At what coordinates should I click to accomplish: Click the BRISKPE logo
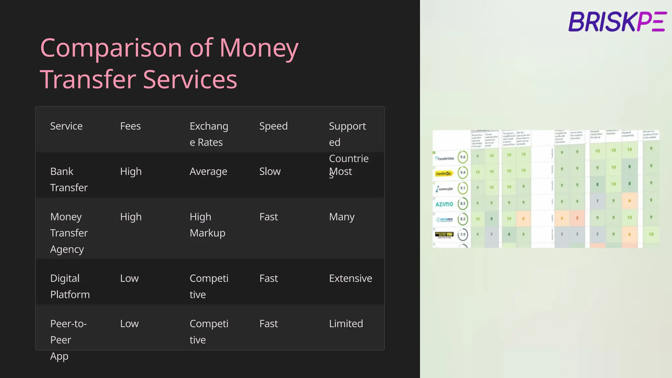click(617, 22)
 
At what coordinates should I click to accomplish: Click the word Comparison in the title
click(111, 48)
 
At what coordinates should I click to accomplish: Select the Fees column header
click(130, 126)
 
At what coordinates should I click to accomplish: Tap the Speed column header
click(273, 126)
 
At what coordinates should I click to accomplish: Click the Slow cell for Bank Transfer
click(270, 171)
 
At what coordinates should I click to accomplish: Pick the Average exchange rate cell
click(208, 171)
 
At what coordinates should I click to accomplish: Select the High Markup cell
click(207, 225)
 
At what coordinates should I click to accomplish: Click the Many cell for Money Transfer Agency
click(342, 217)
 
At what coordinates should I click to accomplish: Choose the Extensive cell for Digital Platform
click(350, 278)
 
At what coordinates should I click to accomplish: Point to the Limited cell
click(346, 324)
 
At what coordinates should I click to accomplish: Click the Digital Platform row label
click(70, 286)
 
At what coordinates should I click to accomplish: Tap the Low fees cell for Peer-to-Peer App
click(129, 324)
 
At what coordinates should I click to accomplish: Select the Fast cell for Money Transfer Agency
click(268, 217)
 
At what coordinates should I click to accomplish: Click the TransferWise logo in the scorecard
click(445, 158)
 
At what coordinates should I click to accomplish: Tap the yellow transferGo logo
click(444, 173)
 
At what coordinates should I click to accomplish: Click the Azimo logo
click(444, 204)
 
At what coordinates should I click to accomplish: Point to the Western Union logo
click(444, 234)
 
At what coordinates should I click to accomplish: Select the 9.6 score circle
click(463, 157)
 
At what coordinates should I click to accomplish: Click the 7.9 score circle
click(463, 234)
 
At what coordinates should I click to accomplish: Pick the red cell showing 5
click(577, 218)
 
